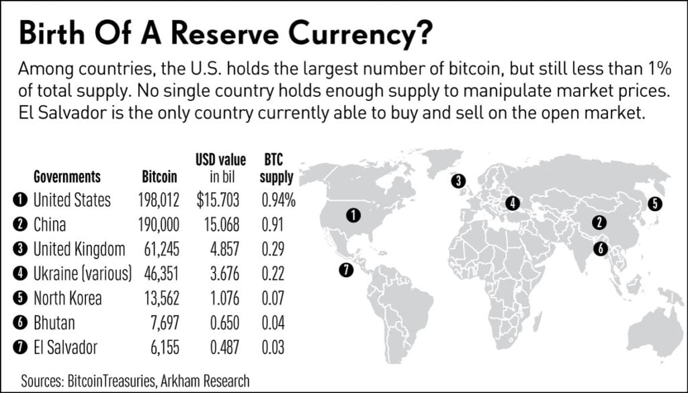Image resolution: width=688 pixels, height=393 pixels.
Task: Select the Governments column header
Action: [67, 178]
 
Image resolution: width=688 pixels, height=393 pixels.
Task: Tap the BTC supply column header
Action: [276, 170]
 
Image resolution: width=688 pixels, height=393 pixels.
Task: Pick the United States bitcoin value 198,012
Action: [160, 200]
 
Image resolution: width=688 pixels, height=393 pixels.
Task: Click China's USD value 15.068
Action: [220, 225]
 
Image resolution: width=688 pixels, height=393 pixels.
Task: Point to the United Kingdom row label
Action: [79, 249]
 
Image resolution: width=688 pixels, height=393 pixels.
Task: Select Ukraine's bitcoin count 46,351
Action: [160, 274]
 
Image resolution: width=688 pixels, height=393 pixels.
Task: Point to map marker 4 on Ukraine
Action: [513, 203]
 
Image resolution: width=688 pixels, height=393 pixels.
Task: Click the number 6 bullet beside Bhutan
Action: [19, 323]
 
